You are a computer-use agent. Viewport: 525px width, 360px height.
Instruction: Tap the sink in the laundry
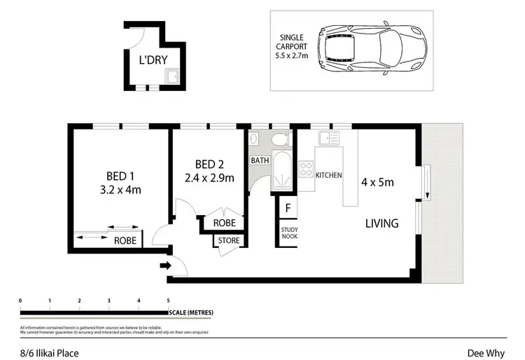[x=170, y=76]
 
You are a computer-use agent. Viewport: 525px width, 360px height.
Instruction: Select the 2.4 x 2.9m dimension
[x=209, y=178]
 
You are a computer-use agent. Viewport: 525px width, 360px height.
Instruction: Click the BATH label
[x=260, y=160]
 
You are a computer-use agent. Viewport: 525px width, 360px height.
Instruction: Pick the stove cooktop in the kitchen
[x=306, y=169]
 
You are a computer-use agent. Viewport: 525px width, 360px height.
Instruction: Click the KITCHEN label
[x=329, y=175]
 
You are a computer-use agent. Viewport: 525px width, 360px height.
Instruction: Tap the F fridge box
[x=288, y=208]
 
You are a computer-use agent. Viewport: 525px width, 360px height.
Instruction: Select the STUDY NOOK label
[x=288, y=233]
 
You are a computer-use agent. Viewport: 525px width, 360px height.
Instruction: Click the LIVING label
[x=381, y=224]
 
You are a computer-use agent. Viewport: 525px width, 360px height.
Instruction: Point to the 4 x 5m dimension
[x=377, y=183]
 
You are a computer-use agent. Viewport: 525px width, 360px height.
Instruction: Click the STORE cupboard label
[x=229, y=241]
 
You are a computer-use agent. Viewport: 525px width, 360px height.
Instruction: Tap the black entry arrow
[x=165, y=265]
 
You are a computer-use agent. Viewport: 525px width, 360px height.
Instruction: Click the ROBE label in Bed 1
[x=125, y=240]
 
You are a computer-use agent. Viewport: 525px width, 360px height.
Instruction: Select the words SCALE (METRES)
[x=191, y=312]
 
